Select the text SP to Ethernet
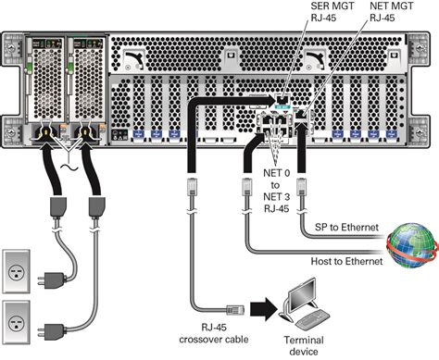[x=341, y=226]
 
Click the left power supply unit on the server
[x=45, y=88]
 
